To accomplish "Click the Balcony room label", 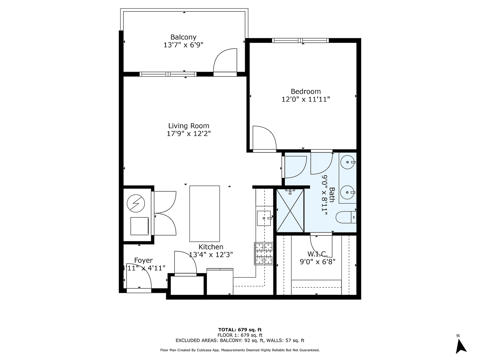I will [183, 37].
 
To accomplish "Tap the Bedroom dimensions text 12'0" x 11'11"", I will [306, 99].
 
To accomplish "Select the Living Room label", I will [188, 126].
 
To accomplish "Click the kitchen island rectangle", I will [205, 212].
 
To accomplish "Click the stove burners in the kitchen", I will [264, 254].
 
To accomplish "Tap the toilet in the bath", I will [345, 218].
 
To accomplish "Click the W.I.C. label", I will [318, 254].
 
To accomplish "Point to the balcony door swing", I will [225, 62].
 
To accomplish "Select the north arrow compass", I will [461, 344].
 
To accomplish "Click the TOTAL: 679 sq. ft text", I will [240, 329].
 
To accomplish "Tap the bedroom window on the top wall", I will [300, 40].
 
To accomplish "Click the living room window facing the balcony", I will [168, 74].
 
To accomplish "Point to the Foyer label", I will [143, 260].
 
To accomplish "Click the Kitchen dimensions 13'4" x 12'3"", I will [211, 254].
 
